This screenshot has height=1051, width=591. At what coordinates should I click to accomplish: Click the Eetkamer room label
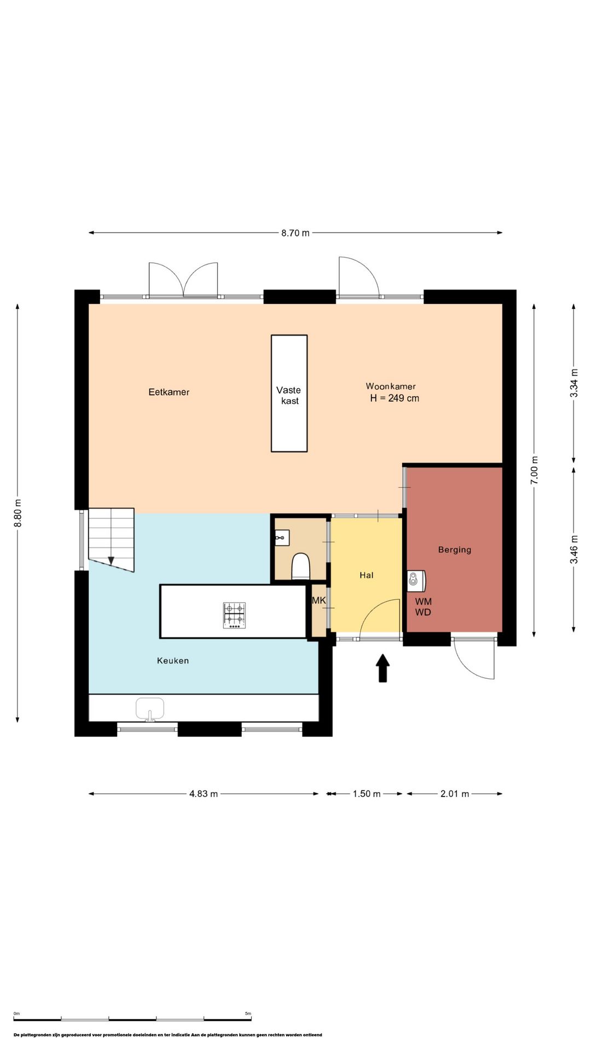tap(169, 392)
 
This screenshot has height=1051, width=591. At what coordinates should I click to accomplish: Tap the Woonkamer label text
tap(391, 386)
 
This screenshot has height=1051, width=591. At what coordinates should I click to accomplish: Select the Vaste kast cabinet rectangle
tap(289, 394)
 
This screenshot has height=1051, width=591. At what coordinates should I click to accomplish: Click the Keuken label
tap(173, 661)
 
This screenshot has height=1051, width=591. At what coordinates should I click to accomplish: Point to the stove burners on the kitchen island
tap(234, 615)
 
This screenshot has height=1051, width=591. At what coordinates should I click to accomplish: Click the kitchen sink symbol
tap(150, 709)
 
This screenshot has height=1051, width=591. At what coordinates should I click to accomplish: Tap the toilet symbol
tap(301, 567)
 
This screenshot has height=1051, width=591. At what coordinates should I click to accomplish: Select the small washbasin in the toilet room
tap(282, 538)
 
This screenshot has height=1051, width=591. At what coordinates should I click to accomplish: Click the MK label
tap(318, 600)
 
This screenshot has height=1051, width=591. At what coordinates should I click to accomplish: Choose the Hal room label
tap(367, 575)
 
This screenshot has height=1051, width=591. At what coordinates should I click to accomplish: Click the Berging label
tap(455, 550)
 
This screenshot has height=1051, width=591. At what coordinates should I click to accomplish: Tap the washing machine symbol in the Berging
tap(416, 581)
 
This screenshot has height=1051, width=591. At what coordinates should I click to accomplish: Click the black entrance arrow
tap(383, 668)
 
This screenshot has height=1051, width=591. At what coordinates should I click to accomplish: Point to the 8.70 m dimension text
tap(296, 233)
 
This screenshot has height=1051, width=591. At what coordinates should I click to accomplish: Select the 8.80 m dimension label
tap(18, 513)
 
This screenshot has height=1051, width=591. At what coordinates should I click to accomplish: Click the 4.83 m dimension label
tap(204, 794)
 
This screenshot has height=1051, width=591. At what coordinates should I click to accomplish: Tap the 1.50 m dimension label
tap(367, 794)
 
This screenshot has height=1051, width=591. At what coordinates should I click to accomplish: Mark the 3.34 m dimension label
tap(574, 383)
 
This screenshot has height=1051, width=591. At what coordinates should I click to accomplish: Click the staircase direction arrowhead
tap(111, 561)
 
